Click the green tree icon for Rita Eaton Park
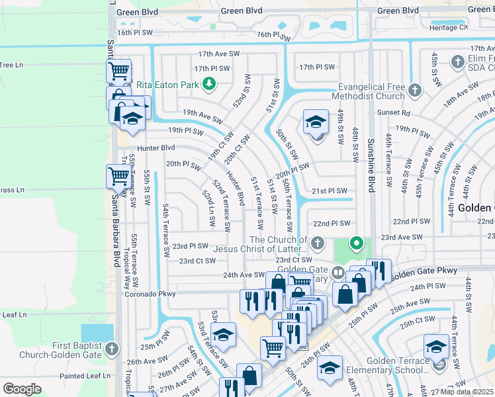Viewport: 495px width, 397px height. tap(209, 84)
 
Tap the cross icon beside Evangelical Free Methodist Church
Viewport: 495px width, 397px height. tap(414, 89)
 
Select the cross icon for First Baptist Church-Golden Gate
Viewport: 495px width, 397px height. tap(111, 348)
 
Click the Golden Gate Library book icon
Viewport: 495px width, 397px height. tap(338, 272)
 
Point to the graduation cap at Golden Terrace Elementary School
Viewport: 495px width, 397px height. tap(437, 347)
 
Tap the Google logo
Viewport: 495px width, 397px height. tap(22, 388)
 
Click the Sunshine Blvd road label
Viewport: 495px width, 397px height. tap(371, 165)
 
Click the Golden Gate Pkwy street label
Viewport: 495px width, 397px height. tap(424, 271)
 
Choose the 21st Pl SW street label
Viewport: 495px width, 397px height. tap(330, 191)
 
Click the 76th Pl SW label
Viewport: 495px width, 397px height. tap(273, 35)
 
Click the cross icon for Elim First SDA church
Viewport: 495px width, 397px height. tap(457, 62)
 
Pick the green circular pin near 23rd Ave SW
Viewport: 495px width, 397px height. tap(356, 243)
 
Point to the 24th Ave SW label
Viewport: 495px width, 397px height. tap(244, 275)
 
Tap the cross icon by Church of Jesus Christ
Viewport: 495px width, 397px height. tap(318, 242)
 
